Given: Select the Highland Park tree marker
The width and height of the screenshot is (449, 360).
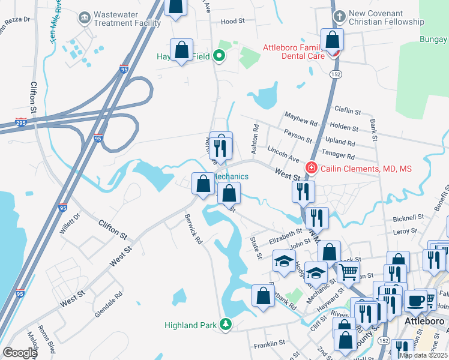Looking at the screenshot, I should [x=226, y=325].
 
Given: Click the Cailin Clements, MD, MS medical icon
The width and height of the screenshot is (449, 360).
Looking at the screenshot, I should [x=312, y=168].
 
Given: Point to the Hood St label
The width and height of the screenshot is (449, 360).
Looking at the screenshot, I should [x=233, y=21].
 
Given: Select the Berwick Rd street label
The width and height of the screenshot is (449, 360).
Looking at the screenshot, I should [x=193, y=229].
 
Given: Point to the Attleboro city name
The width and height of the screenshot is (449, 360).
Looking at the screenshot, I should [x=425, y=321].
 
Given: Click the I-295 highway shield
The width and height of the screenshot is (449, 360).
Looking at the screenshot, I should [x=20, y=122].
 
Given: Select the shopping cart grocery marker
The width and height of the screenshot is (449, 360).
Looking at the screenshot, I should [x=349, y=272].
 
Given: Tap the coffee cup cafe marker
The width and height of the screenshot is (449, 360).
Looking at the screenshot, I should [x=415, y=301].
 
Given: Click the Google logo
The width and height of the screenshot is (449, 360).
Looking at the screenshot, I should [x=20, y=353].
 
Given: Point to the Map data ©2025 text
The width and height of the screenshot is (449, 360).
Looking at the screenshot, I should [x=423, y=355].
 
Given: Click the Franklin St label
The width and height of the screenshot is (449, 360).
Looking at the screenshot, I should [x=268, y=344].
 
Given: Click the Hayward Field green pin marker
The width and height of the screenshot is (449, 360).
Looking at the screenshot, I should [x=220, y=57].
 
